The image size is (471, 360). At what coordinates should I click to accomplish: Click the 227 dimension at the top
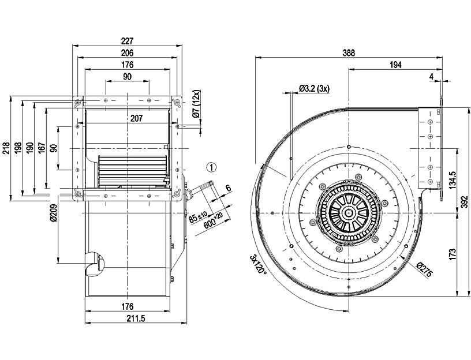(128, 41)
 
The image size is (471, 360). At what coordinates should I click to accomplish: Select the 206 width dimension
(128, 53)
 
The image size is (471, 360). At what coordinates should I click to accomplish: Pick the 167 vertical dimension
(41, 148)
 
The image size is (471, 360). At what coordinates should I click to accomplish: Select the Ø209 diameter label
(53, 212)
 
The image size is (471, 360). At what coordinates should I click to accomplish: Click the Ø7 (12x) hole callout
(197, 106)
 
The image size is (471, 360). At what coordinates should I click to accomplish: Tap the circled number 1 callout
(212, 168)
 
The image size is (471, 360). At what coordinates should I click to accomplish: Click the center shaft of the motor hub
(349, 213)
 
